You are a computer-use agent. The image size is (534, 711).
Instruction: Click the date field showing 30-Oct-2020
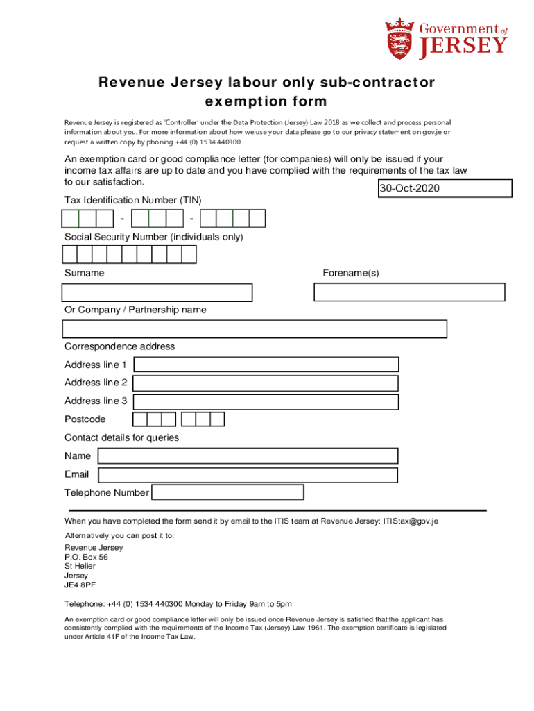click(445, 188)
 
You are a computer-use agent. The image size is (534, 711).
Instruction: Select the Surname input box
click(157, 292)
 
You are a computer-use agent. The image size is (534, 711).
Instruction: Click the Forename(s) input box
click(409, 292)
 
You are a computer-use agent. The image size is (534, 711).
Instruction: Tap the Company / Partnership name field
click(255, 329)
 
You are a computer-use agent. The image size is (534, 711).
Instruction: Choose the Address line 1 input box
click(266, 365)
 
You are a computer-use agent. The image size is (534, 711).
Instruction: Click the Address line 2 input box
click(266, 383)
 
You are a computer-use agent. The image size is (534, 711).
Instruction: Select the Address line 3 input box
click(266, 401)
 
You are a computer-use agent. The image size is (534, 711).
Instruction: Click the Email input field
click(248, 475)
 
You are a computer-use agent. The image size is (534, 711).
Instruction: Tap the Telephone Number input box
click(227, 492)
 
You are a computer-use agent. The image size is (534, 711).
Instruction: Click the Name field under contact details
click(248, 456)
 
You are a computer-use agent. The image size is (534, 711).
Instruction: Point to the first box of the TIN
click(70, 219)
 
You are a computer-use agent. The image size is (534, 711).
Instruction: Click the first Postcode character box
click(140, 419)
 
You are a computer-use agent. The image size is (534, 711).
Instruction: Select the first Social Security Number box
click(69, 256)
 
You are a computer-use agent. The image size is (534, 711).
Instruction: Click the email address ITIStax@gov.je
click(411, 521)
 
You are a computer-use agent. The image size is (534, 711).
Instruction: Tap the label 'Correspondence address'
click(119, 346)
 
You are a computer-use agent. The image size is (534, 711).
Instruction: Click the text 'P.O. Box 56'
click(86, 557)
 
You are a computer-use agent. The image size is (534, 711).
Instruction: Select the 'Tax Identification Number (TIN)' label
click(132, 200)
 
